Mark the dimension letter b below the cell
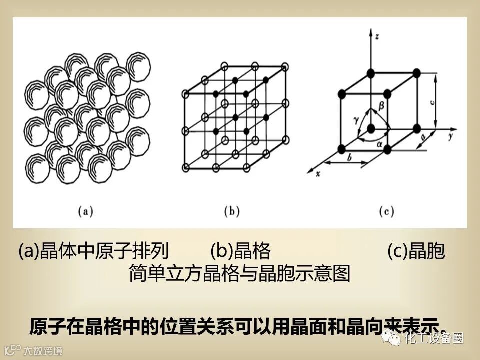[350, 157]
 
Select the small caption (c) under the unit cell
[386, 211]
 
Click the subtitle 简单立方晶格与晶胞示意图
[239, 274]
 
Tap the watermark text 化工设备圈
[434, 338]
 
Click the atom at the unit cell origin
[370, 129]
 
